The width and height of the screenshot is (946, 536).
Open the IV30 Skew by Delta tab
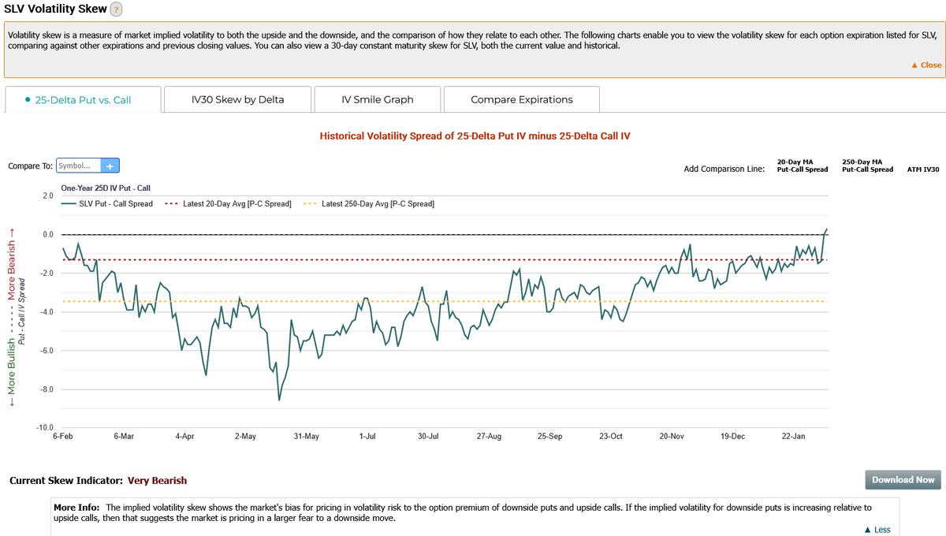click(x=237, y=100)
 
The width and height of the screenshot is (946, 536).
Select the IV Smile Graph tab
click(x=377, y=100)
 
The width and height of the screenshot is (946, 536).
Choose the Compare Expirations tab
click(x=521, y=100)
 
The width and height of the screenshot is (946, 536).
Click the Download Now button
click(x=903, y=479)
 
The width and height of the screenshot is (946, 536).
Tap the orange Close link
click(x=926, y=65)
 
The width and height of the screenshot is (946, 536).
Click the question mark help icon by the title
click(x=116, y=9)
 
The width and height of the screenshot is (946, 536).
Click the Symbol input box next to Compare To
click(x=79, y=166)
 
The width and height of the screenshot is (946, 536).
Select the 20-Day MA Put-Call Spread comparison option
click(x=802, y=166)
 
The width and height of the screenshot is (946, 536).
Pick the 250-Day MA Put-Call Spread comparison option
click(x=867, y=166)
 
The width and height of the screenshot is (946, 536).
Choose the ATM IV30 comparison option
click(x=923, y=169)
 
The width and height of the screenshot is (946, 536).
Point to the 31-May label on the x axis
click(x=306, y=436)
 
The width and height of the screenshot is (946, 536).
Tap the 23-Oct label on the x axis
click(x=611, y=436)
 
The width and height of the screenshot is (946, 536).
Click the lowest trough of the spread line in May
click(x=279, y=400)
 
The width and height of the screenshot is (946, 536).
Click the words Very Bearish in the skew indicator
click(x=157, y=480)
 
